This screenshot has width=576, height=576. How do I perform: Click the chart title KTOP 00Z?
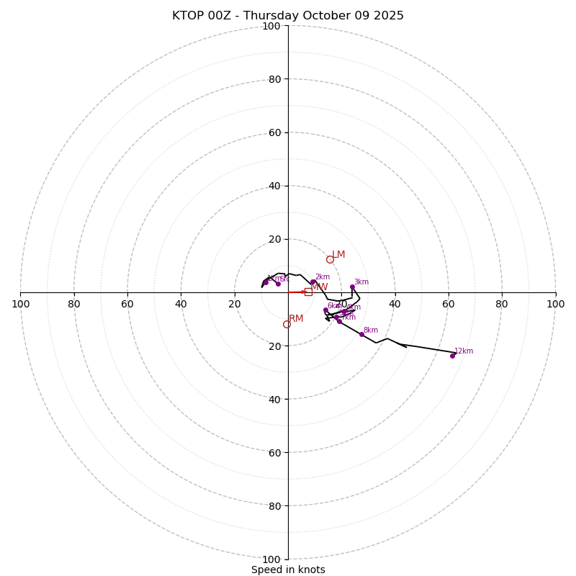288,16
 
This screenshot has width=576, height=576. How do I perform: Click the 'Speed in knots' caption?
288,570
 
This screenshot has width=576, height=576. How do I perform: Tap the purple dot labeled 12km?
452,356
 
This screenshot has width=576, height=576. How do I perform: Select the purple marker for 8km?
361,334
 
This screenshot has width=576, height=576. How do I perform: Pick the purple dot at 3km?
352,287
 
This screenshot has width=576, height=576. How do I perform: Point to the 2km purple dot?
312,282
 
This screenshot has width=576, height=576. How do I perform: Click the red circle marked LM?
330,259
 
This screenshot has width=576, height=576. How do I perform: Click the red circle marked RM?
287,325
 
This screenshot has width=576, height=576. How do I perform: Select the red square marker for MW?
308,292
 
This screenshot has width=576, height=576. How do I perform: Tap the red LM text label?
338,255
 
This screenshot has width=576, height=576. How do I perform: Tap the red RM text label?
296,319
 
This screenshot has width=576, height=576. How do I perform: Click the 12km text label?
464,351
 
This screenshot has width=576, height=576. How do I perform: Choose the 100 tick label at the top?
271,26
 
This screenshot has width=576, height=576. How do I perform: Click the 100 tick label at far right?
555,304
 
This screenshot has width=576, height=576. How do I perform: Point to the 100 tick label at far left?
21,304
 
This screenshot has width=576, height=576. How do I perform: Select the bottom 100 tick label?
271,559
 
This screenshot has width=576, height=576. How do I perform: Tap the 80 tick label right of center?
502,304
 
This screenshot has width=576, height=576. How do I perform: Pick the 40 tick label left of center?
181,304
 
